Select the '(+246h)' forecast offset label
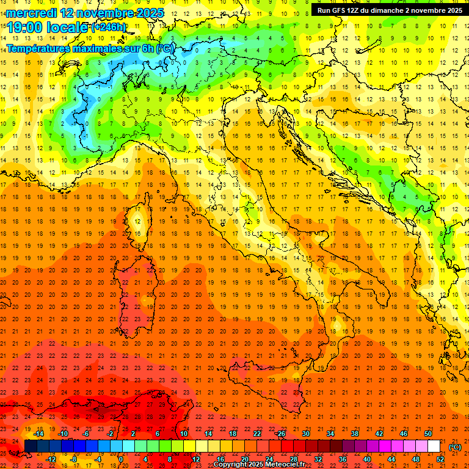click(109, 27)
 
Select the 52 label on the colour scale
click(441, 459)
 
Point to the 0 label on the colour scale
click(120, 459)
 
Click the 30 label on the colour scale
click(306, 434)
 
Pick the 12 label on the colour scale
click(195, 459)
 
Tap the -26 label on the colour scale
click(280, 434)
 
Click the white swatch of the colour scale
click(434, 446)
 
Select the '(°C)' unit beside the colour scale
click(455, 447)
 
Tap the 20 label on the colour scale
click(245, 459)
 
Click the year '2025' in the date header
click(150, 13)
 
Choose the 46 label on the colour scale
click(404, 434)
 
